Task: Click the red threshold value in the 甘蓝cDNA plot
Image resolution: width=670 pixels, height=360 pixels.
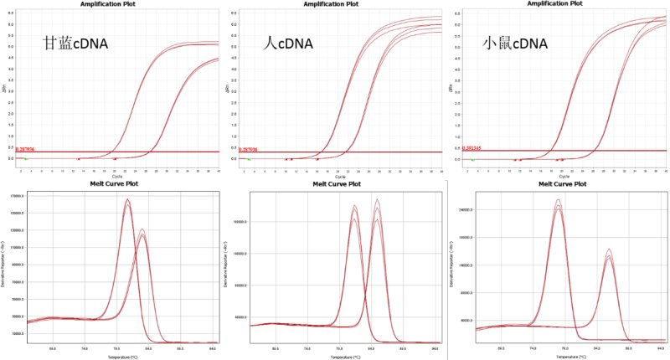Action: pos(27,147)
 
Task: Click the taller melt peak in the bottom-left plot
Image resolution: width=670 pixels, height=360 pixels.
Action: pos(127,202)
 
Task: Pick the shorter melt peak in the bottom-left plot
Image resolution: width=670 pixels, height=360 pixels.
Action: pos(142,231)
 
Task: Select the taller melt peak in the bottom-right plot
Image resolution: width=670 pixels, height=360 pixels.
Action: pos(558,202)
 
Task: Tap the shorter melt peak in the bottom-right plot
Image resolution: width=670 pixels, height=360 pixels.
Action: pos(608,251)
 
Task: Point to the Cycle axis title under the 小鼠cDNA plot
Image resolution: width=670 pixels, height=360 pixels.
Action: pos(563,176)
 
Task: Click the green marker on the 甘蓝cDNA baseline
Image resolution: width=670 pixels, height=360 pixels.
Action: pos(25,158)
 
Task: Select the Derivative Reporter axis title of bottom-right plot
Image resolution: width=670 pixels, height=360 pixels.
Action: pos(452,268)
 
